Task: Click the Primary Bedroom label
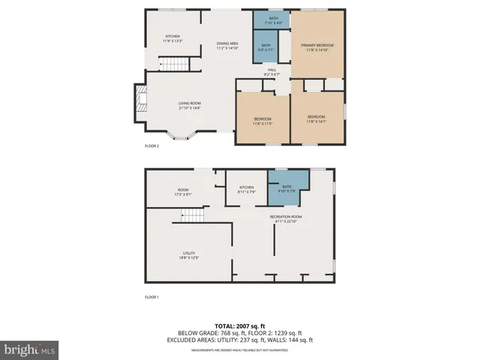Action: [317, 48]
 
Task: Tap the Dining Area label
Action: [227, 45]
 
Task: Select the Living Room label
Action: [189, 105]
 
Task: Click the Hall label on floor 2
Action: [271, 73]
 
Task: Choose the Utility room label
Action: [188, 255]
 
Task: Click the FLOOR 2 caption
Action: [151, 145]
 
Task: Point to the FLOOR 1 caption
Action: [151, 298]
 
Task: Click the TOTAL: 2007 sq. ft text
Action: [240, 325]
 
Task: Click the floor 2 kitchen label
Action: [172, 38]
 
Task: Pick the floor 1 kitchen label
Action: [247, 189]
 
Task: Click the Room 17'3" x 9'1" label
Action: [183, 192]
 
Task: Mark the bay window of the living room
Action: [181, 136]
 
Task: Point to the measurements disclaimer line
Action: [240, 350]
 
